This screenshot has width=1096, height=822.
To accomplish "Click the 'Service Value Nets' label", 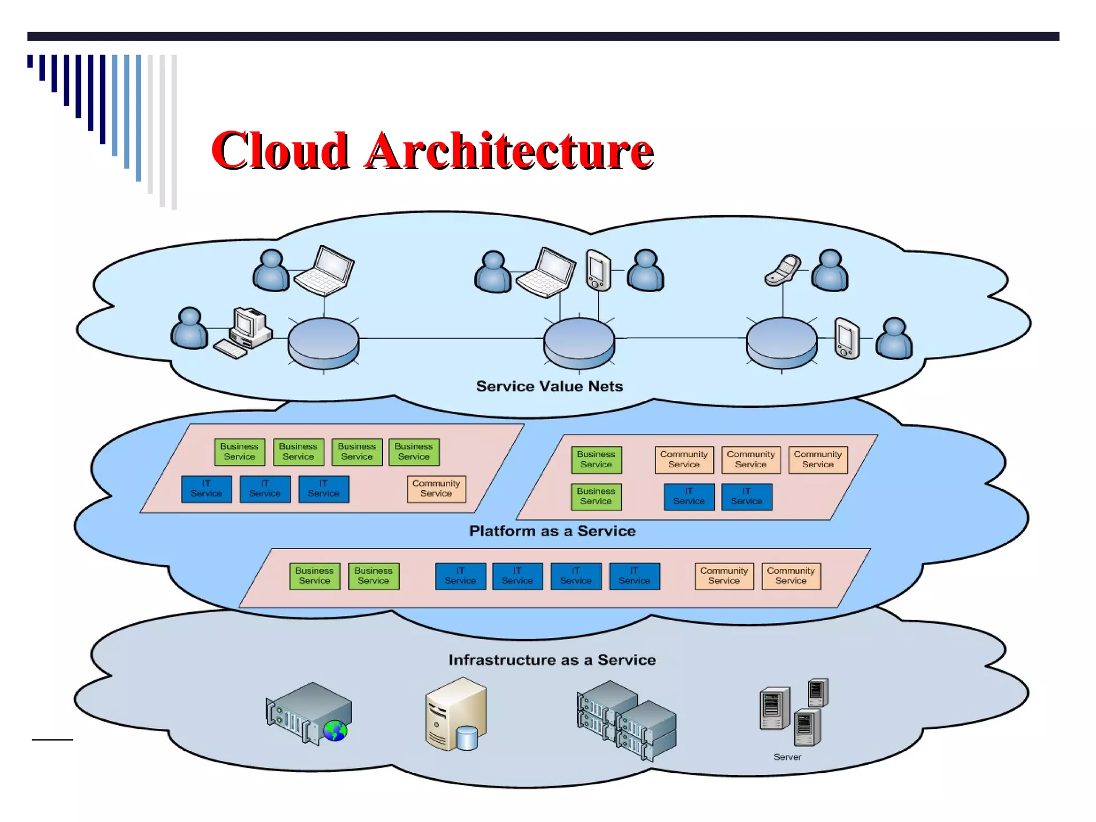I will [x=549, y=386].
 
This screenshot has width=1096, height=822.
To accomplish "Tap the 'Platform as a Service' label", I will [x=552, y=531].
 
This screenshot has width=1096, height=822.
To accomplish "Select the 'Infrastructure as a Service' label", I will [x=552, y=659].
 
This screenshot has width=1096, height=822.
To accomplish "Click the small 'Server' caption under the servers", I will [x=787, y=757].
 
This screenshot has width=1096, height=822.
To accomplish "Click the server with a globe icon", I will [x=309, y=713].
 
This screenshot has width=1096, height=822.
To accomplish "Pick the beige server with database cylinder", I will [x=456, y=714].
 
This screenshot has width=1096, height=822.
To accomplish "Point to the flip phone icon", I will [x=782, y=270].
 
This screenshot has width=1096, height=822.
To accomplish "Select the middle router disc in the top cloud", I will [x=579, y=342].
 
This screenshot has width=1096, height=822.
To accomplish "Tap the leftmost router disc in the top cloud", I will [x=323, y=342].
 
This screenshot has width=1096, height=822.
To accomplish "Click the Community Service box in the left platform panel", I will [x=436, y=489].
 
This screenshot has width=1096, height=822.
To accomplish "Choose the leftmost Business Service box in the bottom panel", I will [x=314, y=576].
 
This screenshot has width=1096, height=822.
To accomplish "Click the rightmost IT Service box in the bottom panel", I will [x=634, y=576].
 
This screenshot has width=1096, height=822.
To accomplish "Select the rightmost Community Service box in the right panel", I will [x=818, y=459].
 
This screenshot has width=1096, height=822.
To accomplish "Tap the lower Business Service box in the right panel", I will [x=596, y=496].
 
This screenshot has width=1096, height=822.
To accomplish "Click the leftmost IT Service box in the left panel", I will [x=207, y=489].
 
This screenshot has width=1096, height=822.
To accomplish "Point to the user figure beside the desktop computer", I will [x=189, y=329].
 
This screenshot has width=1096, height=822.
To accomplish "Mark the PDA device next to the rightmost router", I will [x=847, y=338].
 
